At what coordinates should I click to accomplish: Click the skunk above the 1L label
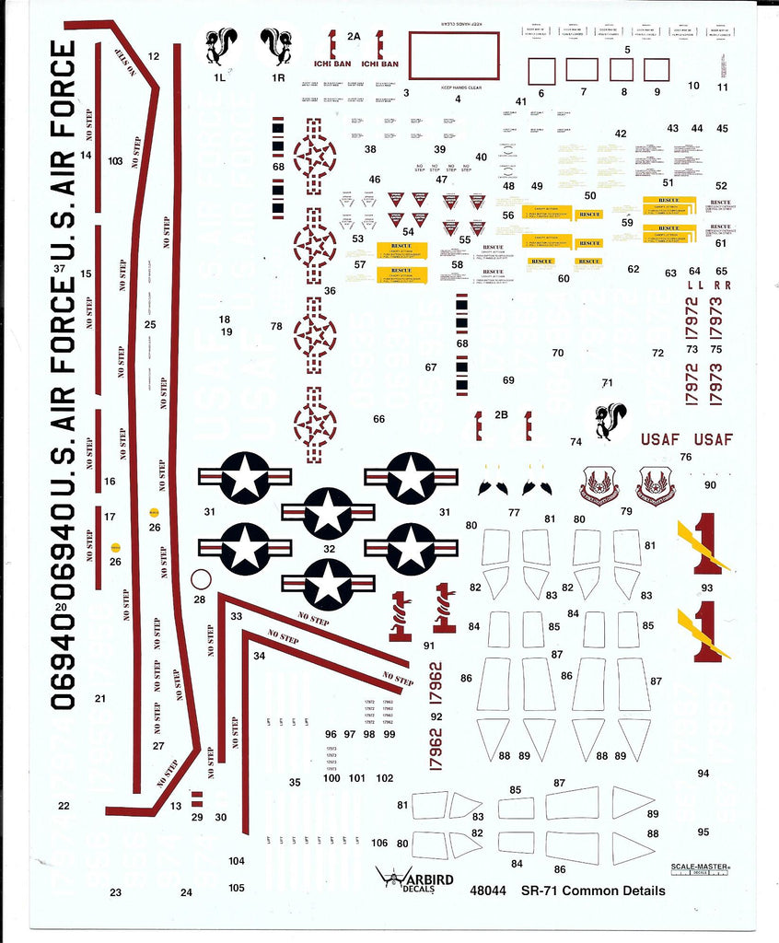221,45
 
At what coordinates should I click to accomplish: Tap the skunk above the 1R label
275,45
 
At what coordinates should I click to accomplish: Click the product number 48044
487,891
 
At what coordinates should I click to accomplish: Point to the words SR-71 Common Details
593,891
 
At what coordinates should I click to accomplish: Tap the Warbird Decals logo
415,879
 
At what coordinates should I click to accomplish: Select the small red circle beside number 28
201,580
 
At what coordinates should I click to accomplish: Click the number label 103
115,161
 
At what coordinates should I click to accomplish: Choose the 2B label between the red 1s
501,414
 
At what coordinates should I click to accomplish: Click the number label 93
707,588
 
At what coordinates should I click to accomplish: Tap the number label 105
237,888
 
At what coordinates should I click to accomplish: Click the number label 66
378,419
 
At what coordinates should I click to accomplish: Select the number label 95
703,832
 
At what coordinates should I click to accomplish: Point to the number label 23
115,891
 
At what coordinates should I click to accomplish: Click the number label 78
276,327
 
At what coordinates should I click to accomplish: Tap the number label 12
153,56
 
